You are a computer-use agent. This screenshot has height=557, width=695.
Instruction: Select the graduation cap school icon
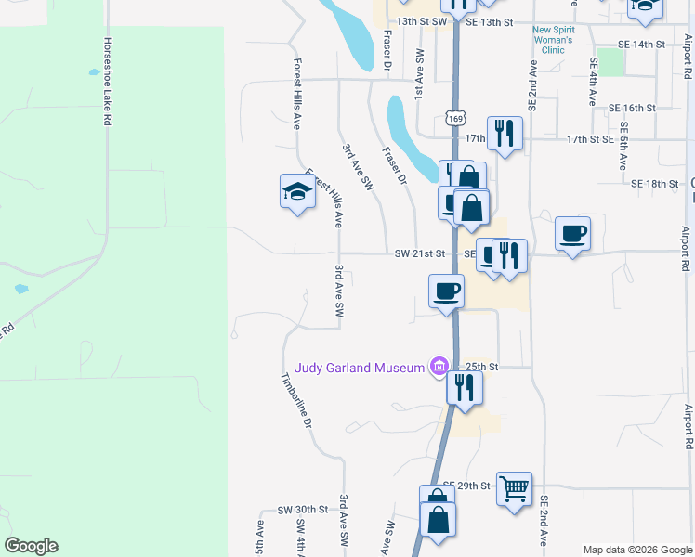click(x=297, y=192)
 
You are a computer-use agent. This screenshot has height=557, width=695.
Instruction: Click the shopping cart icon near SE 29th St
click(x=514, y=486)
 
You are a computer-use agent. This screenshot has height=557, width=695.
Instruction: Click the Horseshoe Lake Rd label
click(x=108, y=82)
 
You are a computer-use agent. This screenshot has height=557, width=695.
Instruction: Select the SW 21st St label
click(x=420, y=253)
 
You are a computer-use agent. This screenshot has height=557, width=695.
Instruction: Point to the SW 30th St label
click(x=303, y=510)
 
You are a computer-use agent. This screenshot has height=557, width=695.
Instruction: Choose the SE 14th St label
click(x=643, y=44)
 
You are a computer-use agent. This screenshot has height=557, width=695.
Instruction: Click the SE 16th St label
click(x=632, y=108)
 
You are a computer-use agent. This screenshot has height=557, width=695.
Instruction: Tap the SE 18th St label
click(x=655, y=184)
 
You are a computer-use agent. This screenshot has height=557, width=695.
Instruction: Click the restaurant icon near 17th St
click(x=505, y=132)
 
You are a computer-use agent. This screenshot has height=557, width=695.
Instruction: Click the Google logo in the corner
click(x=31, y=546)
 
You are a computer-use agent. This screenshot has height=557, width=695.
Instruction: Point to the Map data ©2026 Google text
click(x=637, y=550)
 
